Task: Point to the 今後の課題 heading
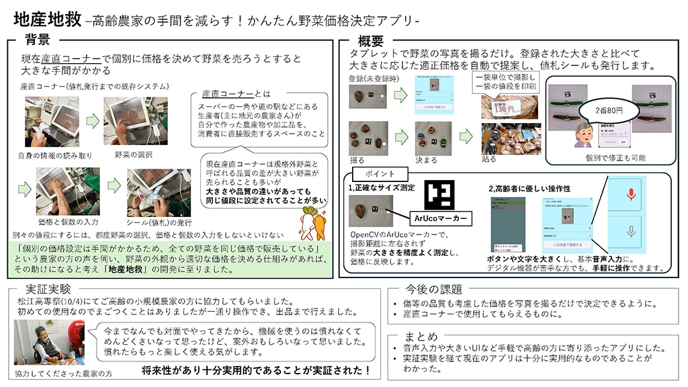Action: pyautogui.click(x=434, y=290)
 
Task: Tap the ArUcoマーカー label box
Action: pyautogui.click(x=441, y=218)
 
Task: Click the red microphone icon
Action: pyautogui.click(x=630, y=194)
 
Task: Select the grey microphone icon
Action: pyautogui.click(x=630, y=232)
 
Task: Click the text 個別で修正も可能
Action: pyautogui.click(x=607, y=157)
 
